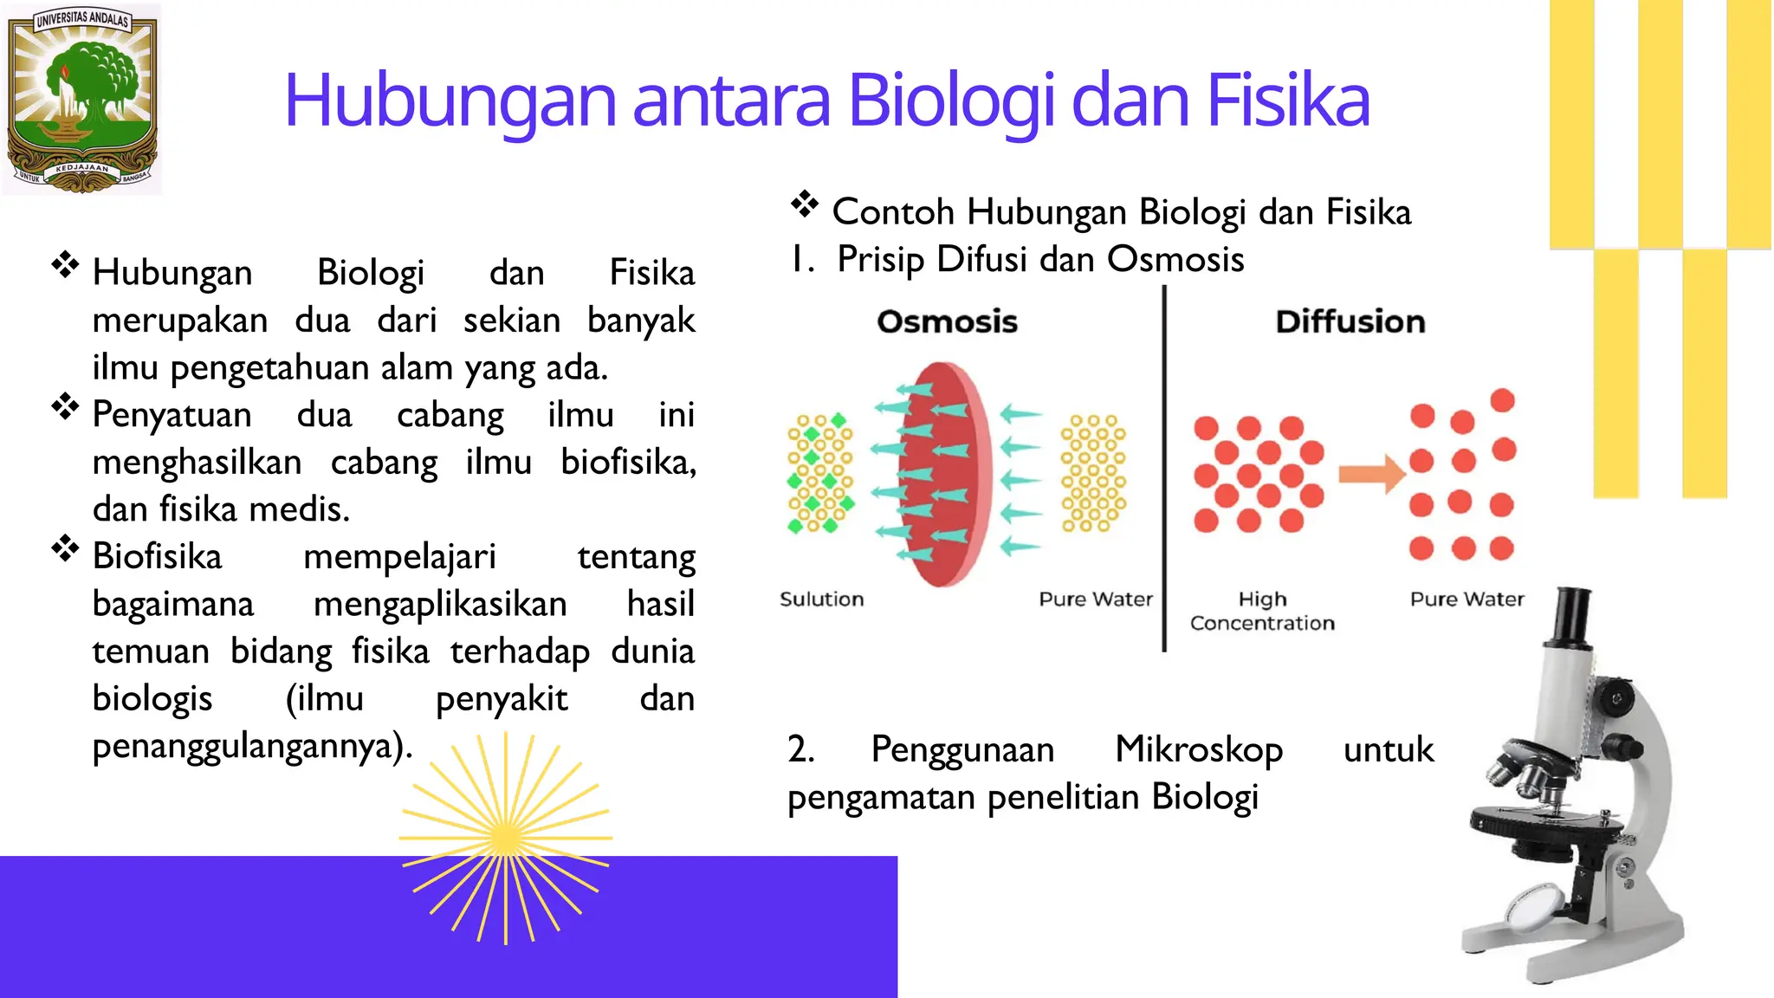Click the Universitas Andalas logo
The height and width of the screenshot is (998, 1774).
[x=82, y=98]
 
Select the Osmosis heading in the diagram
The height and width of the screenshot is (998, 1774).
[x=947, y=321]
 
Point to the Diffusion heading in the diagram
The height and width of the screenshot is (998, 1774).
[x=1350, y=321]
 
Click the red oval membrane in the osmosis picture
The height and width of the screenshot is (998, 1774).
[x=944, y=475]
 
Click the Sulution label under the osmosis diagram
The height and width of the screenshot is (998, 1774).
[x=821, y=599]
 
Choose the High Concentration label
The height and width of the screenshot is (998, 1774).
[x=1262, y=611]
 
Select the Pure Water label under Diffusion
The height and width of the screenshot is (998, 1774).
[x=1466, y=599]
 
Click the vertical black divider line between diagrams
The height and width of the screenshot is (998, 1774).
[x=1163, y=468]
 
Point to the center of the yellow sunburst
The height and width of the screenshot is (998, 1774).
[x=506, y=838]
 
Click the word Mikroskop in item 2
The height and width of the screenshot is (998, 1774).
[x=1198, y=750]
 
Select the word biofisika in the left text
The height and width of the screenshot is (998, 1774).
[x=627, y=462]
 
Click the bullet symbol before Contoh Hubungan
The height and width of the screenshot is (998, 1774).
[x=804, y=204]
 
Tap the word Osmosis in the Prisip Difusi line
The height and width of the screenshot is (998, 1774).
[x=1175, y=259]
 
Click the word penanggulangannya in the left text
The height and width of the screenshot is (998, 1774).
[x=250, y=746]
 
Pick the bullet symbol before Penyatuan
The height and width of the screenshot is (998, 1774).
[x=65, y=406]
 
